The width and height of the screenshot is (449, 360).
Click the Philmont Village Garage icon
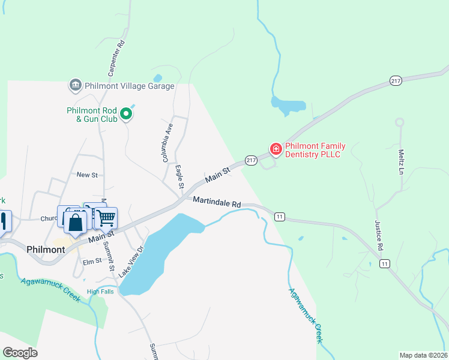[x=75, y=86]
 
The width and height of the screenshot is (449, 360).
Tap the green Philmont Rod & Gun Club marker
[x=126, y=113]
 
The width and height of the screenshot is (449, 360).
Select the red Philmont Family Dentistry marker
[x=276, y=149]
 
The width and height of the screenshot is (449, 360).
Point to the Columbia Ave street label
[x=167, y=143]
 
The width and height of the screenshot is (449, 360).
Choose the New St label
[x=87, y=175]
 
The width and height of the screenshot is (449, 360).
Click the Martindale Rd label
[x=217, y=204]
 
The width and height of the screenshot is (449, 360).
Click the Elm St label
[x=92, y=261]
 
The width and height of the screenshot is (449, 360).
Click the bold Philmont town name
[x=46, y=249]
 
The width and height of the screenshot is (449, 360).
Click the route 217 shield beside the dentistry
[x=251, y=160]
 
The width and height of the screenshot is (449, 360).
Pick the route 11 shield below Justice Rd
[x=385, y=263]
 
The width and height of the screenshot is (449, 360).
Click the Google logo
[x=20, y=353]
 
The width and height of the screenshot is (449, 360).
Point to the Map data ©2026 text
[x=423, y=355]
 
